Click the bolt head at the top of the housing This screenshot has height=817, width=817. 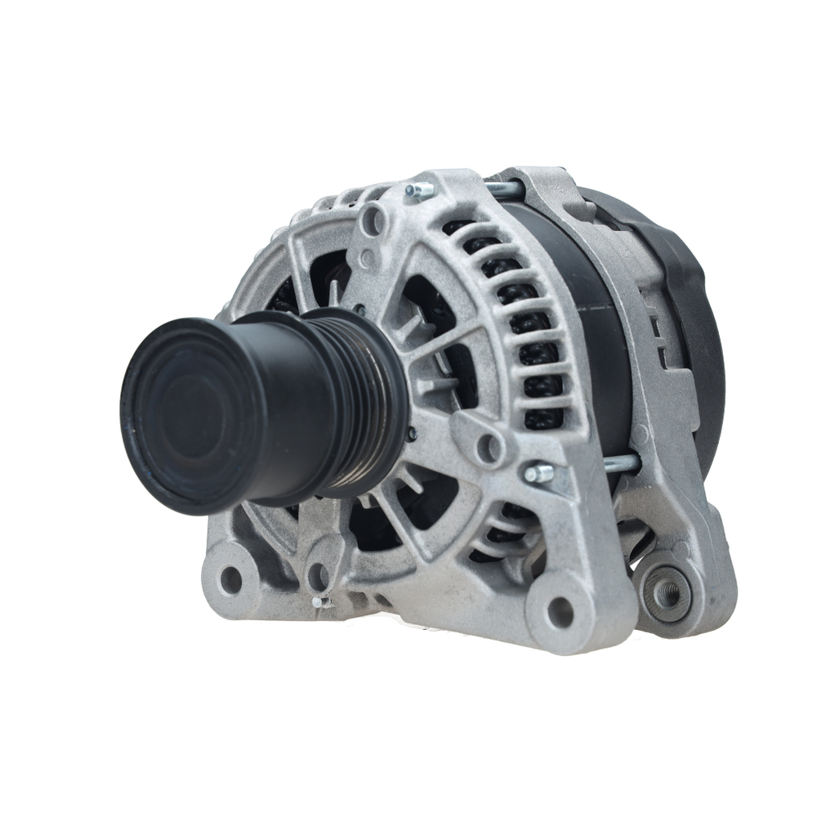coord(418,191)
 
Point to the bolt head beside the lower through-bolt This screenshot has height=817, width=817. coord(537,473)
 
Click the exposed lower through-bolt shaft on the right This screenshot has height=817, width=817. coord(621,463)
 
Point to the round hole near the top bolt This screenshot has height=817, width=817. coord(374,220)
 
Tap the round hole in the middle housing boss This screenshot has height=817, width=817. coord(489,446)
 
